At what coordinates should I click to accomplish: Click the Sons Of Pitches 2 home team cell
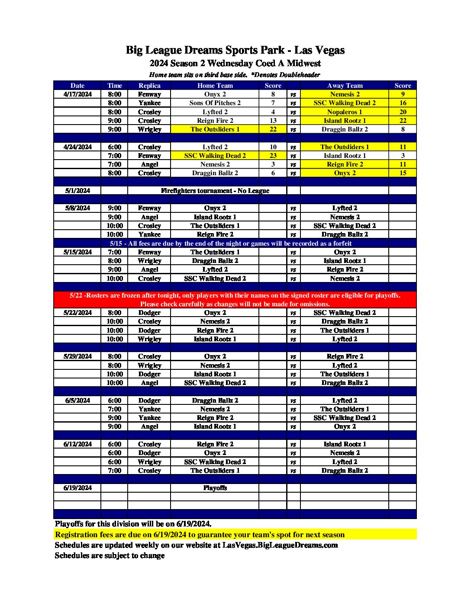[215, 103]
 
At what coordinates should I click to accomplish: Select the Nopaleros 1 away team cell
[345, 112]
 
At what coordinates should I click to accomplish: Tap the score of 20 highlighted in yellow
[403, 112]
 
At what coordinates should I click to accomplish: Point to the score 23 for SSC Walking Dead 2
[273, 156]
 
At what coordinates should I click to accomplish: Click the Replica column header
[149, 86]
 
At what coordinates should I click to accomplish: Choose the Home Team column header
[215, 86]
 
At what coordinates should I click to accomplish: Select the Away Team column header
[345, 86]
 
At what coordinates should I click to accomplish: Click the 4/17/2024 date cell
[77, 94]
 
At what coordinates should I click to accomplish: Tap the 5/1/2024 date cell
[77, 191]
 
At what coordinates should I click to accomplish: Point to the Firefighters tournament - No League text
[215, 191]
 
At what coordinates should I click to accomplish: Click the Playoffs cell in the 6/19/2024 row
[215, 488]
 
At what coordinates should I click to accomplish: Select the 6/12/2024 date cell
[77, 444]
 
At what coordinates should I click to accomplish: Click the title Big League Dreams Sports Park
[235, 50]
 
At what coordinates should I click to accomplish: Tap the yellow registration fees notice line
[200, 535]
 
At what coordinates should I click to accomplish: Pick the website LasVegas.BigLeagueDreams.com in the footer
[280, 545]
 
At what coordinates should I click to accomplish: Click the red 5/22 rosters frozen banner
[235, 299]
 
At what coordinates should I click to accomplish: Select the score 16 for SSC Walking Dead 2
[403, 103]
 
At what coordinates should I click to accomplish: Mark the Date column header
[77, 86]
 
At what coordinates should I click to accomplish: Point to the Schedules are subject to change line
[110, 555]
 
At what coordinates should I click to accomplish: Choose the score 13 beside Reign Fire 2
[273, 121]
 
